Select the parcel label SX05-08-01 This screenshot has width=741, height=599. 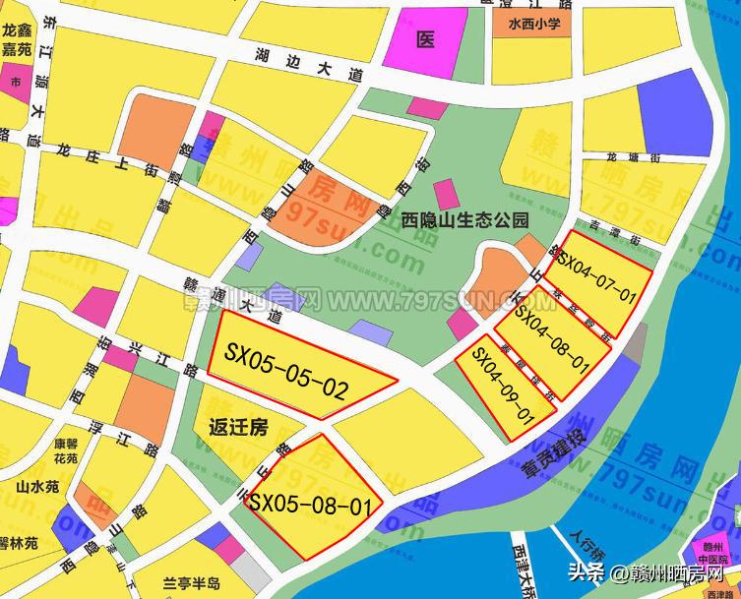[x=314, y=506]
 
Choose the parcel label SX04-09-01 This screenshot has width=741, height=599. [x=502, y=383]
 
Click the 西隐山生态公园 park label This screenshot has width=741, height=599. [x=465, y=219]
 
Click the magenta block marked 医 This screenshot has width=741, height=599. [x=425, y=39]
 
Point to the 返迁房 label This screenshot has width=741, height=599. [x=239, y=427]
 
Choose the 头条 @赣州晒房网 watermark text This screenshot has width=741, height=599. [x=648, y=573]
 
